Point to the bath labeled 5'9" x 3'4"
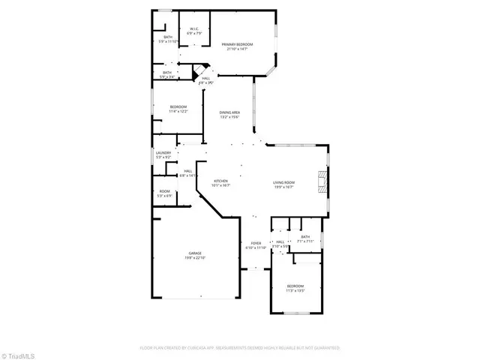click(x=166, y=73)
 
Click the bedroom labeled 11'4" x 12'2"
click(x=178, y=107)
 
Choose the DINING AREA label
click(x=229, y=112)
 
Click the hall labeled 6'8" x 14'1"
click(x=187, y=172)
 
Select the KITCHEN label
click(x=220, y=181)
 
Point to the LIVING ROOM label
click(x=283, y=182)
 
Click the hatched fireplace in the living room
click(x=322, y=181)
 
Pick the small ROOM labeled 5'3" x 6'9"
click(x=164, y=192)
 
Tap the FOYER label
click(x=255, y=244)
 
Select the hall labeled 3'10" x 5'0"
click(x=280, y=242)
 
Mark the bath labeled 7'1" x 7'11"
click(x=305, y=238)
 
